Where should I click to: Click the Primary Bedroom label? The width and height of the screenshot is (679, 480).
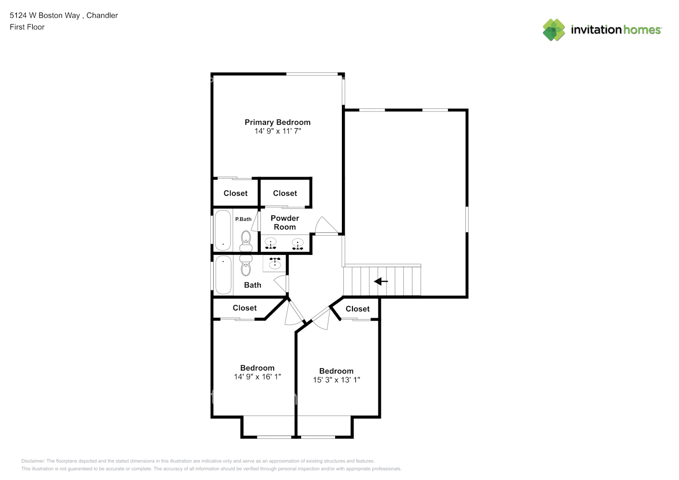pos(278,122)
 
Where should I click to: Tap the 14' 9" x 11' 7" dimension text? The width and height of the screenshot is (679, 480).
pos(278,131)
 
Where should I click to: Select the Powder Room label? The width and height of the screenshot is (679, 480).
pos(285,222)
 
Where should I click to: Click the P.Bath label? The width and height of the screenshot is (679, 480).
pos(243,219)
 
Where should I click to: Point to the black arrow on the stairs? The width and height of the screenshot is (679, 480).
pos(381,281)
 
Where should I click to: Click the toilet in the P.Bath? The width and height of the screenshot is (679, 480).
pos(246,241)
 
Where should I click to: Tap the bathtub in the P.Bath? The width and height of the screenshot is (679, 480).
pos(223,230)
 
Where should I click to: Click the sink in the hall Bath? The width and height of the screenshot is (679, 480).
pos(275,264)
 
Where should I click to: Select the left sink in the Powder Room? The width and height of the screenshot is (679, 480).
pos(270,244)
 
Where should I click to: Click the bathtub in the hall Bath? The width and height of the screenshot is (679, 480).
pos(223,275)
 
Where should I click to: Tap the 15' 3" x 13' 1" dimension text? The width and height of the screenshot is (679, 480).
pos(336,380)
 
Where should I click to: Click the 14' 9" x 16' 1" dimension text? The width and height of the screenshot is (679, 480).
pos(257,377)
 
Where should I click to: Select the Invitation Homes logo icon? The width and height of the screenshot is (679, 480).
pos(554,30)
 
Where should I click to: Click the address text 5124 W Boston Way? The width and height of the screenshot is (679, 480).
pos(45,15)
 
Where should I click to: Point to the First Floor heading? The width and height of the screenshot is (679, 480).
pos(27,27)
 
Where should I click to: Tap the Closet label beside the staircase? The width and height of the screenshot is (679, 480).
pos(357,309)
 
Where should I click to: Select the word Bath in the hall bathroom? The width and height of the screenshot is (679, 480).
pos(253,285)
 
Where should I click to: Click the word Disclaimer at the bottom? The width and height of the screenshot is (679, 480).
pos(33,461)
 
